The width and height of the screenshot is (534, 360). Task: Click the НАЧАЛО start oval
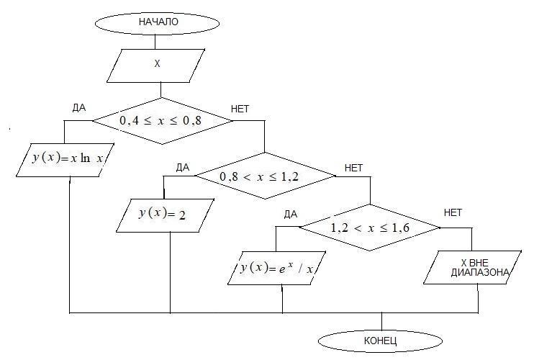(x=158, y=22)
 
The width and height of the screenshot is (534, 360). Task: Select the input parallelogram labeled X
(x=157, y=65)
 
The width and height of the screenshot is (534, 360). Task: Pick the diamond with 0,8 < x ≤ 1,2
(x=266, y=175)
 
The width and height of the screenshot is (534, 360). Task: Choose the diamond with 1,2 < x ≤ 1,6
(x=369, y=228)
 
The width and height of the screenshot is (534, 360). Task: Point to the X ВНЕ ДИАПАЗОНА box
(x=474, y=267)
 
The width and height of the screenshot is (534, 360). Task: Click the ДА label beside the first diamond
(x=79, y=108)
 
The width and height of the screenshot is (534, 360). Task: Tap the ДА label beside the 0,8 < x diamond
(x=182, y=168)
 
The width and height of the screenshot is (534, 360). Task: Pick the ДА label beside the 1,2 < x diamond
(x=291, y=214)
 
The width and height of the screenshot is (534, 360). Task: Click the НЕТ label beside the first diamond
(x=240, y=109)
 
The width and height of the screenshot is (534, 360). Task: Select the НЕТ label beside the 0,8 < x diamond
(x=354, y=168)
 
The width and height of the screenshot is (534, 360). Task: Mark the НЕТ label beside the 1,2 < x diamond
(x=453, y=212)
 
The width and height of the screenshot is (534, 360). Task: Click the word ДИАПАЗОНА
(x=481, y=273)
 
